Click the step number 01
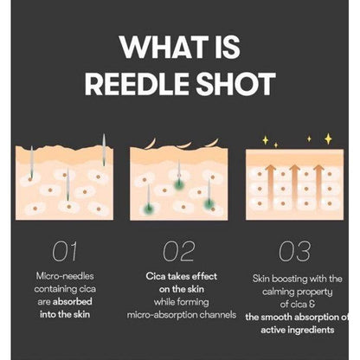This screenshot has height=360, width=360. coord(65,251)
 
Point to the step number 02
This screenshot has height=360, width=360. coord(179,251)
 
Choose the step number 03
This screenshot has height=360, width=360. coord(295,251)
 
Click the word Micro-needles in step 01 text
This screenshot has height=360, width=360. coord(65,276)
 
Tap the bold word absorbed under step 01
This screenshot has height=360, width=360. coord(73,302)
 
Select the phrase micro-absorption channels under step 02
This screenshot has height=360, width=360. coord(182,314)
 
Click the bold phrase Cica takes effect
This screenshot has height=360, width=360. coord(182,276)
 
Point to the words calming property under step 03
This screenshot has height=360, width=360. coord(298,292)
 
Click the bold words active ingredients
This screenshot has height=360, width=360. coord(298,330)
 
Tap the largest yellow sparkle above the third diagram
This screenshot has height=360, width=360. coord(328,138)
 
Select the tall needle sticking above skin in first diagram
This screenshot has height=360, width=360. coord(104,150)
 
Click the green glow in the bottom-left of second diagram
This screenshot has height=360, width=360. coord(149,208)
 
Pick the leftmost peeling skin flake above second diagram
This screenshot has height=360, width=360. coord(151,144)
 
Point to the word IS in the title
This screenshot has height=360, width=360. coord(227,47)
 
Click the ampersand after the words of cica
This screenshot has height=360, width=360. coord(312,304)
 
